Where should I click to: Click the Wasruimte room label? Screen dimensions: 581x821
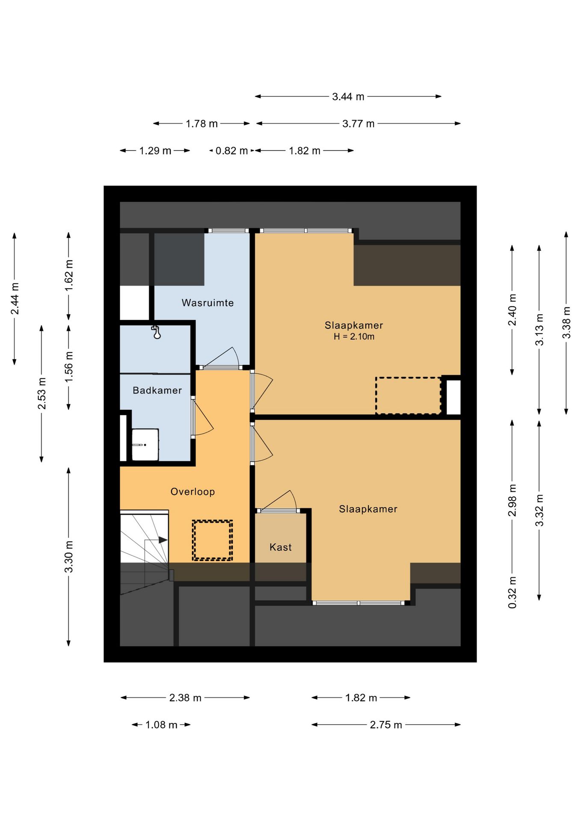tap(207, 303)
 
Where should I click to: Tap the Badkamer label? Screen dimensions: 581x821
tap(157, 390)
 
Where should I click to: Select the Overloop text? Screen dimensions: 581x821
tap(193, 492)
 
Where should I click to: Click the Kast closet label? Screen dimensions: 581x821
tap(280, 547)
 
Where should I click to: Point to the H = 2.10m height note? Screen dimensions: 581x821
tap(354, 337)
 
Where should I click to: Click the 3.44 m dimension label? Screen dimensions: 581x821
tap(348, 97)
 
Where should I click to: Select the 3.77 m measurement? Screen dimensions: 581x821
tap(358, 124)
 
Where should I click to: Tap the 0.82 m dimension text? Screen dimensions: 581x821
tap(231, 151)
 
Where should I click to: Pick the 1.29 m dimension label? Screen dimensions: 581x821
tap(155, 151)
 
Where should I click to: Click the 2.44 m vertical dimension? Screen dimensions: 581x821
tap(15, 298)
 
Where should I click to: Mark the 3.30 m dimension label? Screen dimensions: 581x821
tap(68, 557)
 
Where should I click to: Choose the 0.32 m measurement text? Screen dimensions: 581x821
tap(512, 592)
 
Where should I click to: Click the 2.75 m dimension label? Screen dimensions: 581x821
tap(386, 725)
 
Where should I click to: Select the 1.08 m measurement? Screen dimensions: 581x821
tap(161, 725)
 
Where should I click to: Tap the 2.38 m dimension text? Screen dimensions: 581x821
tap(185, 698)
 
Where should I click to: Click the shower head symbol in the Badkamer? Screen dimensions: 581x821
tap(157, 332)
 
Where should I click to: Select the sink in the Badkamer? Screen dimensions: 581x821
tap(145, 445)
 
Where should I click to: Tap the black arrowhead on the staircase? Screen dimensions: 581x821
tap(163, 540)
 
